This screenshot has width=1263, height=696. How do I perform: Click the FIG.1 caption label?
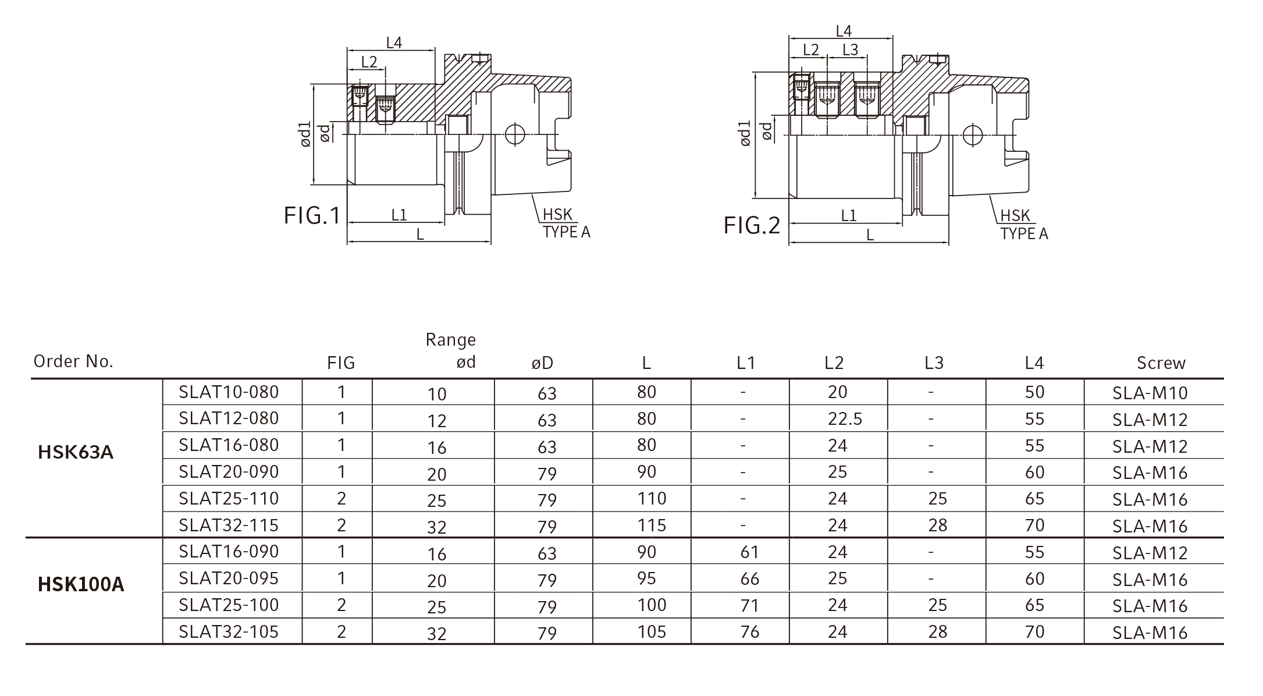tap(312, 215)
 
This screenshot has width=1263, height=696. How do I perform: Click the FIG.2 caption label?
tap(752, 225)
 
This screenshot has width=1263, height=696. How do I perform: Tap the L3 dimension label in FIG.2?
tap(850, 50)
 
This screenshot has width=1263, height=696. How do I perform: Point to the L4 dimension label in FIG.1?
tap(394, 42)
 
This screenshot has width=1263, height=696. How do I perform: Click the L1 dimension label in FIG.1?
tap(399, 215)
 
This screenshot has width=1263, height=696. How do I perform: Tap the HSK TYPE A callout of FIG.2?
tap(1024, 225)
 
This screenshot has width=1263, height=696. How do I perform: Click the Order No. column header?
tap(73, 361)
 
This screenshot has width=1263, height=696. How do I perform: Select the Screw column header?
tap(1161, 363)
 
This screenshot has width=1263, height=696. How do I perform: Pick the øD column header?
tap(542, 364)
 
